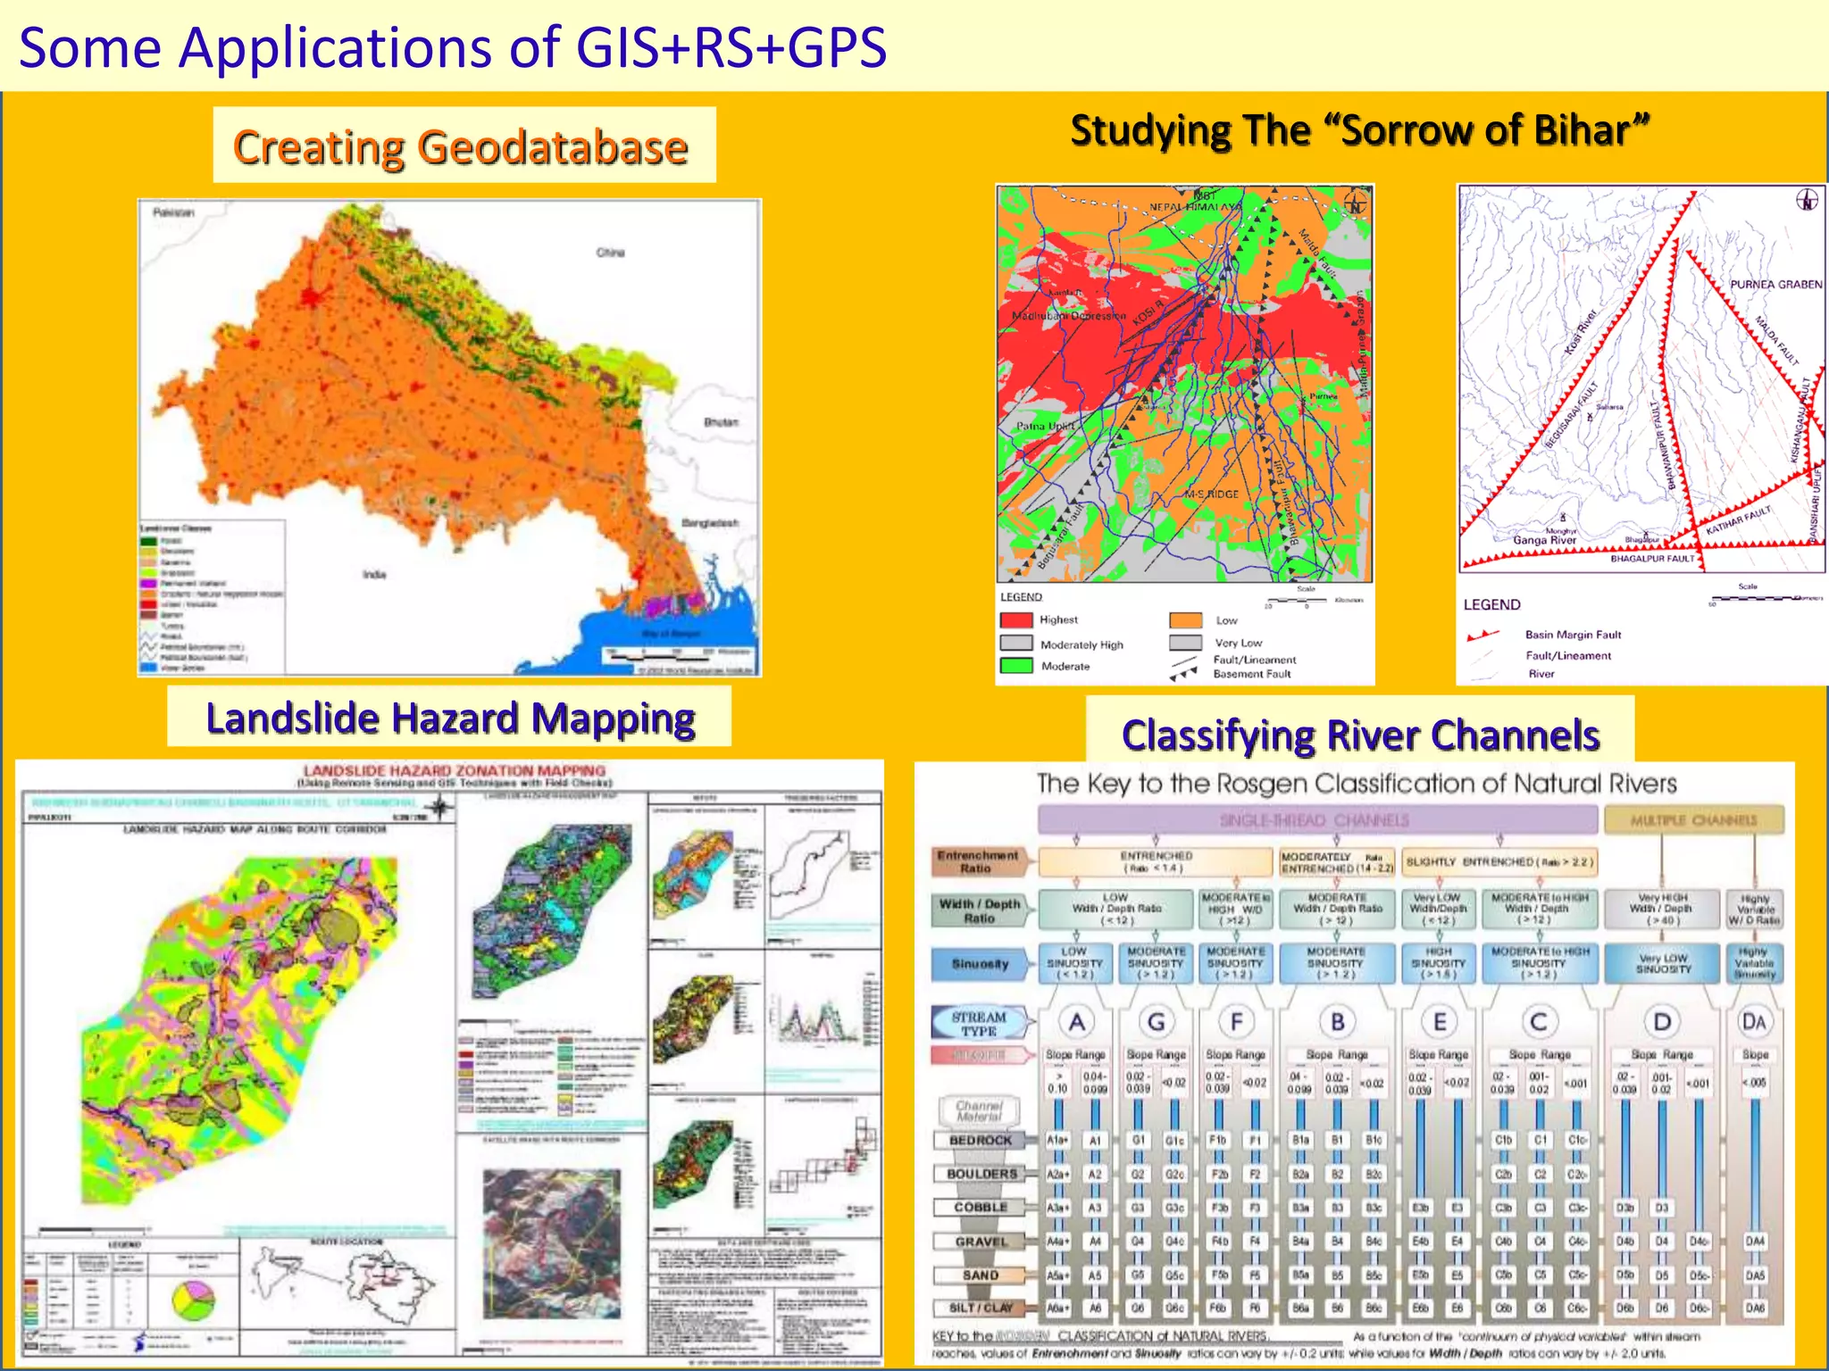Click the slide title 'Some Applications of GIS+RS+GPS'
[x=453, y=47]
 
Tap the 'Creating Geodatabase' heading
[x=461, y=147]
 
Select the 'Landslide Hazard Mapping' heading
[x=450, y=718]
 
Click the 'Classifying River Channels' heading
[x=1360, y=735]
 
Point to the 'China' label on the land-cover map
[x=611, y=253]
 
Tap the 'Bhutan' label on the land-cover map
[x=721, y=422]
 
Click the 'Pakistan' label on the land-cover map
[x=173, y=212]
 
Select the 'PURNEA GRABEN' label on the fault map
[x=1775, y=285]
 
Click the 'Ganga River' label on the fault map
[x=1544, y=540]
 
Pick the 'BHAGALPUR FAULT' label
[x=1652, y=559]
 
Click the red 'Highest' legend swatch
[x=1016, y=619]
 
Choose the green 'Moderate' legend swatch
[x=1016, y=666]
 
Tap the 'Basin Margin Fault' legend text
[x=1573, y=635]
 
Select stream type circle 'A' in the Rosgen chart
[x=1077, y=1022]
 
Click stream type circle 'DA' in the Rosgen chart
[x=1754, y=1022]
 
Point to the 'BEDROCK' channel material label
[x=981, y=1141]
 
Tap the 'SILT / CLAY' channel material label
[x=981, y=1308]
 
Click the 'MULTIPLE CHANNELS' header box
[x=1693, y=819]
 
